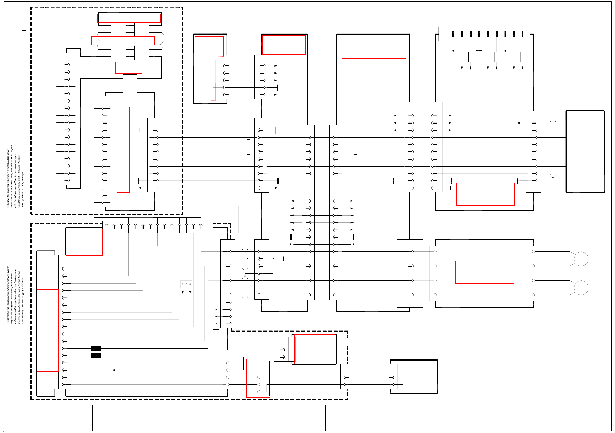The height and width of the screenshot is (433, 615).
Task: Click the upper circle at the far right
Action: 581,259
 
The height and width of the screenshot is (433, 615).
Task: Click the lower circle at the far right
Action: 581,288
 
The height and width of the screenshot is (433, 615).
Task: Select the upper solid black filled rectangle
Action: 96,348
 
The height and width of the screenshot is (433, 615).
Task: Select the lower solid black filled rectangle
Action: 96,356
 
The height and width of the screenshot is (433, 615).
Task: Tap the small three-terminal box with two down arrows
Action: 186,284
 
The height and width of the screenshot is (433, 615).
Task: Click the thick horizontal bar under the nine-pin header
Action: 479,50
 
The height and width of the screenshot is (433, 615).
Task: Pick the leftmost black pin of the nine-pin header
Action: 453,34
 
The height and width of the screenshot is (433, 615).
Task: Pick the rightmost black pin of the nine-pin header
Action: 523,34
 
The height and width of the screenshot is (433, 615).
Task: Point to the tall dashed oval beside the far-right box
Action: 553,148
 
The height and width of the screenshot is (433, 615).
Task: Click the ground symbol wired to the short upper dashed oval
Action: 283,259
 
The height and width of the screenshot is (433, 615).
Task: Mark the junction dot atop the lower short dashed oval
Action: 245,276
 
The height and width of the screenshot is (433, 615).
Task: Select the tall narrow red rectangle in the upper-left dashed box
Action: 123,150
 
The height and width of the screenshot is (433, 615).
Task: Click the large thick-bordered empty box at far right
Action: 585,151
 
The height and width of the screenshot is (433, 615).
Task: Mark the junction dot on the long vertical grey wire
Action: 114,370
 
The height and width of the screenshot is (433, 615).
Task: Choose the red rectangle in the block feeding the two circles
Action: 485,272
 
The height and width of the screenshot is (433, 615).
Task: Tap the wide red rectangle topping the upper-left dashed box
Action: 129,18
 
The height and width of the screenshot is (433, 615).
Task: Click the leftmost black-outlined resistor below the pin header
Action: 462,57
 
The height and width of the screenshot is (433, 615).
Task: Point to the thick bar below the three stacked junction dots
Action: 216,330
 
